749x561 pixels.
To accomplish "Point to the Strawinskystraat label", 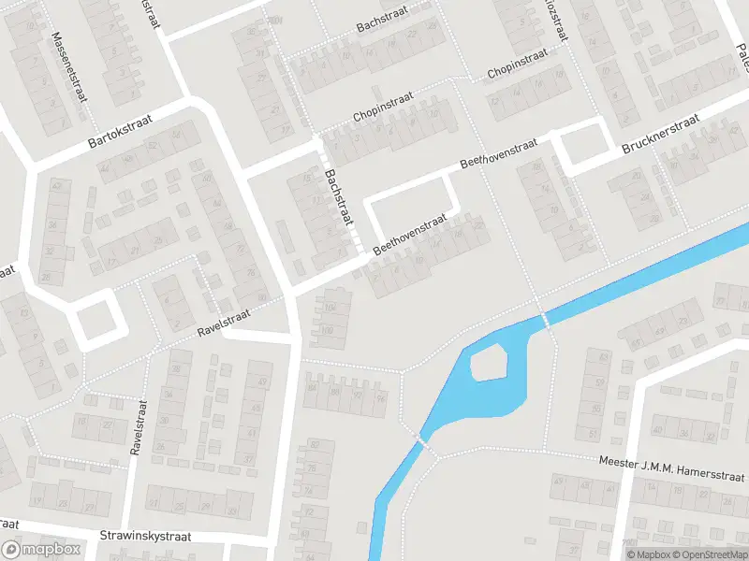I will (145, 538).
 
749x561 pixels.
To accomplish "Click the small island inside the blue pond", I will (490, 363).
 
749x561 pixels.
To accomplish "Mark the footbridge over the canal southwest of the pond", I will (420, 439).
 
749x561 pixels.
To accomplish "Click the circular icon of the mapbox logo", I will (12, 550).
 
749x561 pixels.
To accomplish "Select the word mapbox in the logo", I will (52, 550).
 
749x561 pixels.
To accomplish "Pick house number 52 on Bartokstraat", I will (152, 146).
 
